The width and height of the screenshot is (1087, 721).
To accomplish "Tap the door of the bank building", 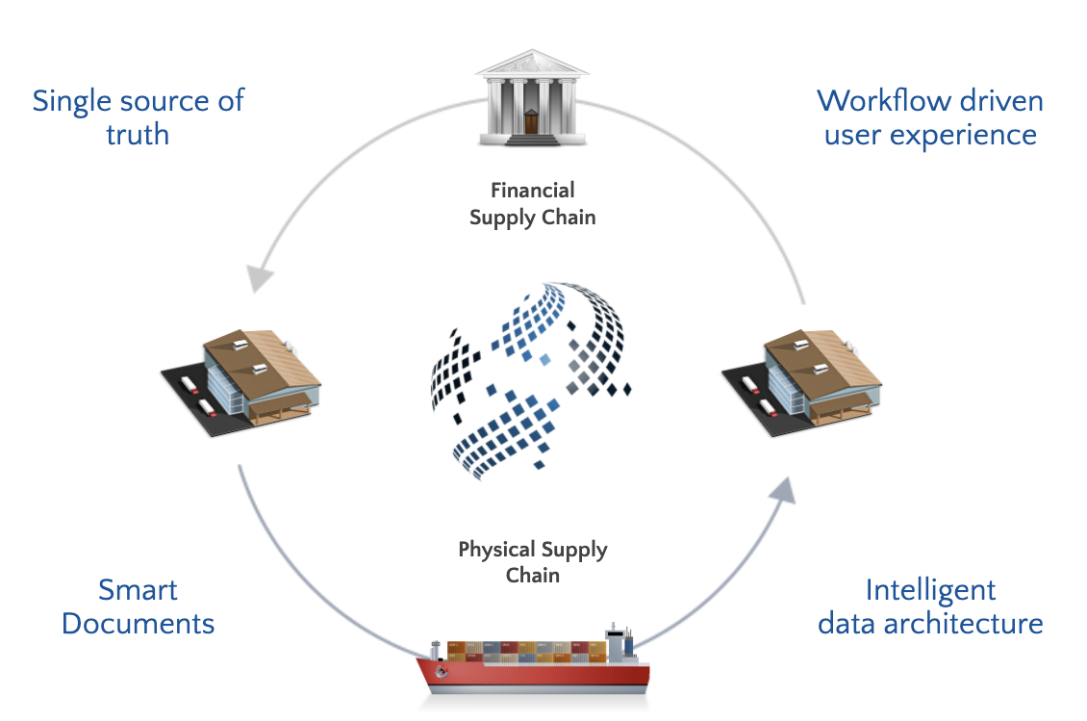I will point(531,122).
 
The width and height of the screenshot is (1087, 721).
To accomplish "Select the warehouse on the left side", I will point(240,380).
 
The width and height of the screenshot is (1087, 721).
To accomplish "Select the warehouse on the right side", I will point(803,380).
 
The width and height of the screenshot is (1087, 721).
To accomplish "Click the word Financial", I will point(532,190).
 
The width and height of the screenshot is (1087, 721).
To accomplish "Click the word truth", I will point(138,134).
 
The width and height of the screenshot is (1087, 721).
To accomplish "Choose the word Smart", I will point(138,589).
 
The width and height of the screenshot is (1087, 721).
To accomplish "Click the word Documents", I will point(138,623).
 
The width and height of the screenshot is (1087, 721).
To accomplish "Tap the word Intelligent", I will point(930,589).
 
